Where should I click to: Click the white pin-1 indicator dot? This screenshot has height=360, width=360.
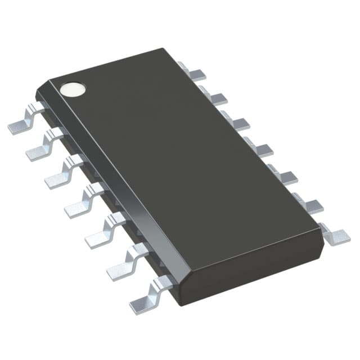pyautogui.click(x=74, y=89)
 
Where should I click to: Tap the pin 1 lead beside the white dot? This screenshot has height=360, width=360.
pyautogui.click(x=24, y=121)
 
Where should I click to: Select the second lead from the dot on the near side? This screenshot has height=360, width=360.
pyautogui.click(x=42, y=147)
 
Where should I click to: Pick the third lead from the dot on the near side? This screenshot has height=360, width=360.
pyautogui.click(x=61, y=174)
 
